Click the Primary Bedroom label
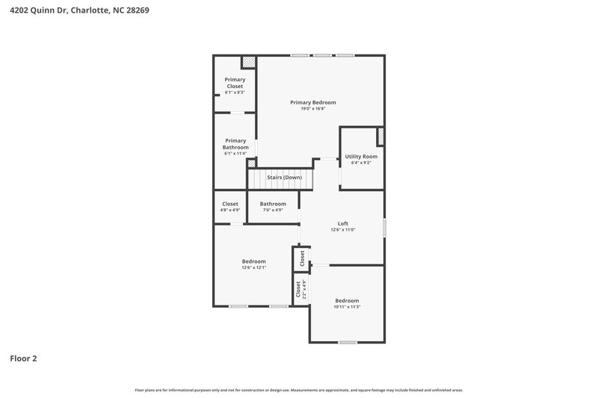(x=313, y=102)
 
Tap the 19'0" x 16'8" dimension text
(x=313, y=109)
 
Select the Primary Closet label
(x=235, y=83)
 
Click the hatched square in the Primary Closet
(x=248, y=63)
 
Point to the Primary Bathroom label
(x=235, y=144)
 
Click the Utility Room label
(x=361, y=157)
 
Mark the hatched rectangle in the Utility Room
(x=380, y=136)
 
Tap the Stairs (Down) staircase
(x=280, y=178)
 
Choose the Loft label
(x=342, y=223)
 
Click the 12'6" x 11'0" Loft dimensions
(x=342, y=230)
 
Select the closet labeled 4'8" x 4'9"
(x=230, y=207)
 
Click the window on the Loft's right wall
(x=384, y=228)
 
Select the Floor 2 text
(x=23, y=358)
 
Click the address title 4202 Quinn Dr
(x=73, y=10)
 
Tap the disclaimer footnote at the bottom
(x=299, y=390)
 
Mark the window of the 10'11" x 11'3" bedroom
(x=347, y=342)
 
